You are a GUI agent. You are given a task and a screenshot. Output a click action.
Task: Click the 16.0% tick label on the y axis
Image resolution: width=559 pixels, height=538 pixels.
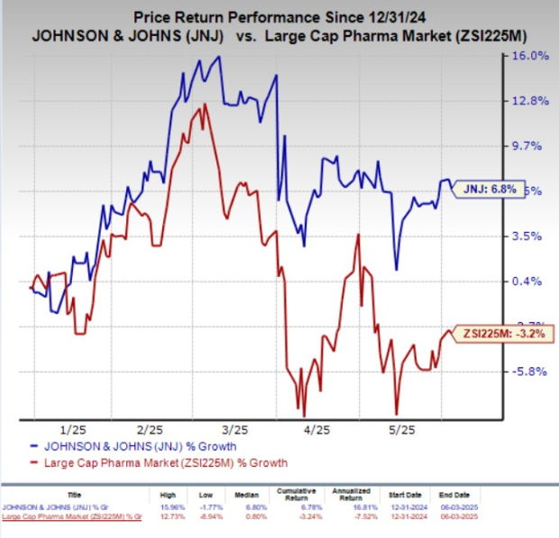click(x=531, y=56)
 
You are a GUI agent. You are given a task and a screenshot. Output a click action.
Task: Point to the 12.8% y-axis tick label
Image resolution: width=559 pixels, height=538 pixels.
click(x=531, y=101)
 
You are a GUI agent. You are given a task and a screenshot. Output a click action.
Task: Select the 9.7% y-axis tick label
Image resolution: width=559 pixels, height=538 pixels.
click(x=531, y=146)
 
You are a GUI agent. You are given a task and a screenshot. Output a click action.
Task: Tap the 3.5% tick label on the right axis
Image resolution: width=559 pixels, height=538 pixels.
click(x=531, y=237)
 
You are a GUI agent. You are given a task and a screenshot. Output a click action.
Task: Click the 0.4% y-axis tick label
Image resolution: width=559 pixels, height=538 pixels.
click(x=531, y=282)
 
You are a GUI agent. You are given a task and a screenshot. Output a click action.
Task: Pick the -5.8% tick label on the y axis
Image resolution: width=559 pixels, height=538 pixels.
click(x=531, y=371)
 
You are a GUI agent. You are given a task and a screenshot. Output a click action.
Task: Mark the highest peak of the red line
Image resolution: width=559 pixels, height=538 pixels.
click(x=206, y=104)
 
